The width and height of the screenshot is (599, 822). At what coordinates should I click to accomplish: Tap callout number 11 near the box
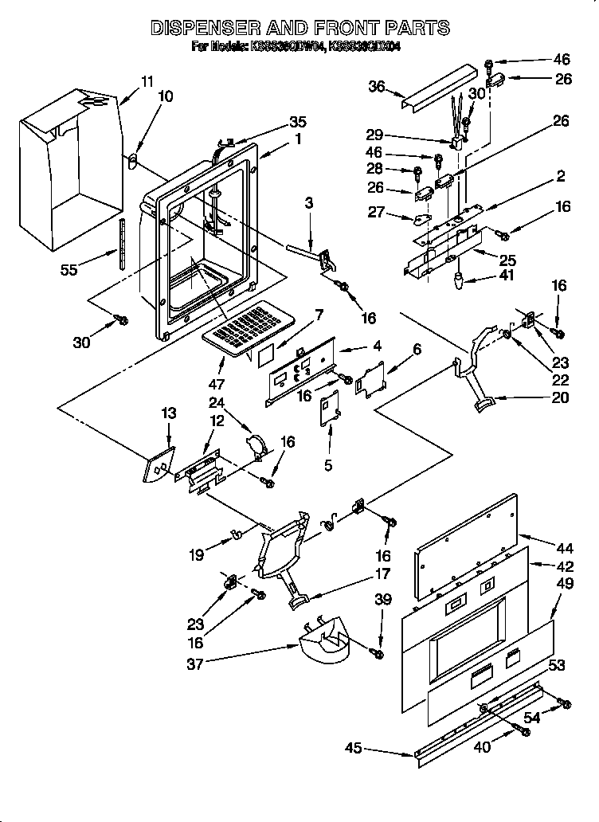(x=147, y=81)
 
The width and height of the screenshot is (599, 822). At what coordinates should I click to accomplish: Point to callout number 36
(x=378, y=88)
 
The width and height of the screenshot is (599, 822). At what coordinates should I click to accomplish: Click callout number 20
(x=560, y=397)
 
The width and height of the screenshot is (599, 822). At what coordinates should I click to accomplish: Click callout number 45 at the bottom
(x=354, y=748)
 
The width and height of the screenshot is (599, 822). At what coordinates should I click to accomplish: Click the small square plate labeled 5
(x=329, y=414)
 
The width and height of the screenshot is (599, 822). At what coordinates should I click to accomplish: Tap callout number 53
(x=557, y=664)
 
